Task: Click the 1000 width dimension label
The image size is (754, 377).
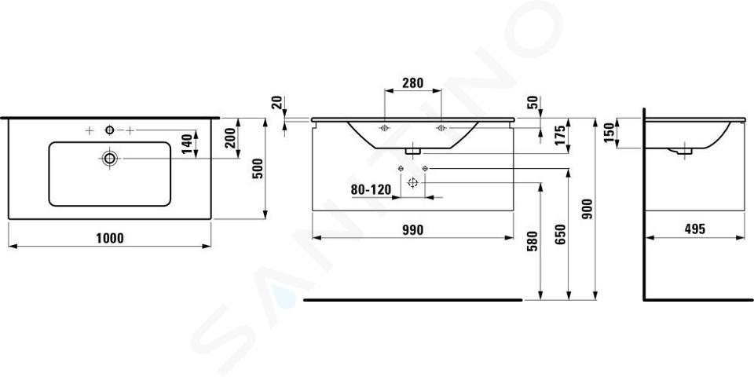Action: (x=110, y=238)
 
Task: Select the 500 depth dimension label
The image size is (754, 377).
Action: (x=258, y=168)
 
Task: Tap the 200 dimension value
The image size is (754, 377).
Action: (x=230, y=138)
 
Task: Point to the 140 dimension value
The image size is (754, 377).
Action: (x=187, y=144)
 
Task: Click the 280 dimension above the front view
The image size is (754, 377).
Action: (x=413, y=82)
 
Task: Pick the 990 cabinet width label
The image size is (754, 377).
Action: (x=412, y=230)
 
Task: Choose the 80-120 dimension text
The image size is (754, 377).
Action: (x=371, y=189)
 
